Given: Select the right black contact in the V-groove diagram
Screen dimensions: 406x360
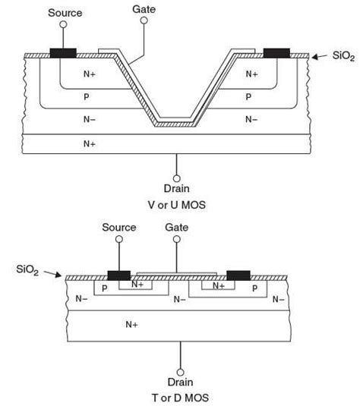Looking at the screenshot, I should tap(276, 52).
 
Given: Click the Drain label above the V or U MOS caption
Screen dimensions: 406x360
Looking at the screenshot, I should tap(175, 188).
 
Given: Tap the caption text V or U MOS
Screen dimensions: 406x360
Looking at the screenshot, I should tap(176, 205).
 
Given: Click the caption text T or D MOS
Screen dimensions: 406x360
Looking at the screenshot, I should tap(180, 397).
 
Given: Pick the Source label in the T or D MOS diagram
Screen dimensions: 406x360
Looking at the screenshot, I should tap(118, 228).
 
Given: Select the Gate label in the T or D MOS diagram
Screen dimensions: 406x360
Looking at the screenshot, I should tap(178, 228).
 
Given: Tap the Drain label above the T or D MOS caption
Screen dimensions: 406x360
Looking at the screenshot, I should tap(180, 382).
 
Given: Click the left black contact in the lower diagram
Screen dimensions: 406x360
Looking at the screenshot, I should tap(119, 275).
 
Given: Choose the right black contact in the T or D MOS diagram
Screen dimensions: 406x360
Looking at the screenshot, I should tap(238, 275).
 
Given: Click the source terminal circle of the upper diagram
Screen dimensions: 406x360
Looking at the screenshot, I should tap(62, 25).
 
